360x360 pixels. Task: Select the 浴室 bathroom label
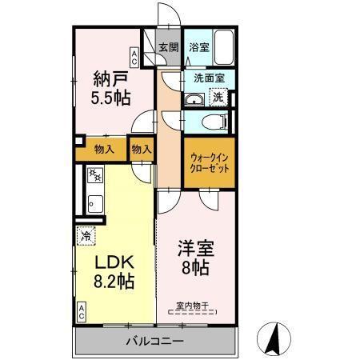click(x=199, y=47)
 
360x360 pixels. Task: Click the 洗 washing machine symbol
click(x=217, y=98)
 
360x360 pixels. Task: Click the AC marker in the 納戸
click(x=134, y=57)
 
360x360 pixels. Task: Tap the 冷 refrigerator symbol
click(x=85, y=237)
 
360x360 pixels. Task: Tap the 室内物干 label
click(x=192, y=303)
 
